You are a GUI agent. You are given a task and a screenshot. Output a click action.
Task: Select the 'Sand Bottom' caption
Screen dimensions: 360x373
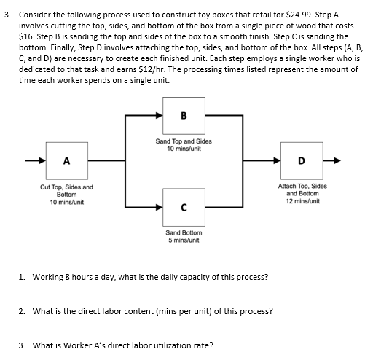(184, 232)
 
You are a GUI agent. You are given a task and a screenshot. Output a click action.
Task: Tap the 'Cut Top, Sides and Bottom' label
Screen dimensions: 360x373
(67, 191)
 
